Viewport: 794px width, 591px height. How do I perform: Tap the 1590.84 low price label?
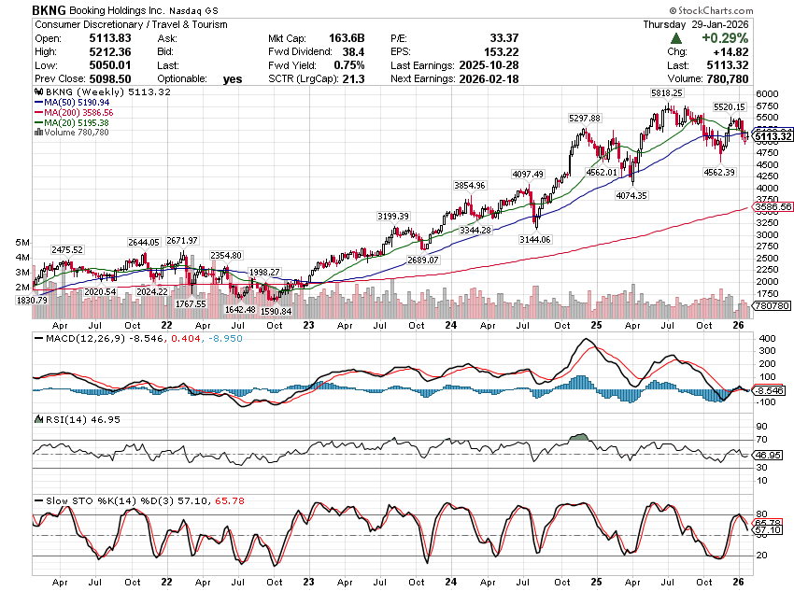click(276, 311)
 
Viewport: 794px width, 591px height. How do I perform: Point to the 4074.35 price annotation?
click(632, 196)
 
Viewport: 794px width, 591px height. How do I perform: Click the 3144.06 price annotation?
click(534, 239)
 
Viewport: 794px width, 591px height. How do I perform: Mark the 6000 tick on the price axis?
click(768, 94)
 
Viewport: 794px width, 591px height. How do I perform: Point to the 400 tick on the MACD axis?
click(766, 337)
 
